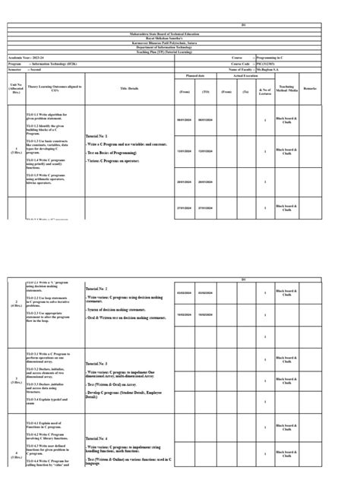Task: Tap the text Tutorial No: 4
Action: (x=102, y=439)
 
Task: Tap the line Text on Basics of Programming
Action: (x=118, y=153)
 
